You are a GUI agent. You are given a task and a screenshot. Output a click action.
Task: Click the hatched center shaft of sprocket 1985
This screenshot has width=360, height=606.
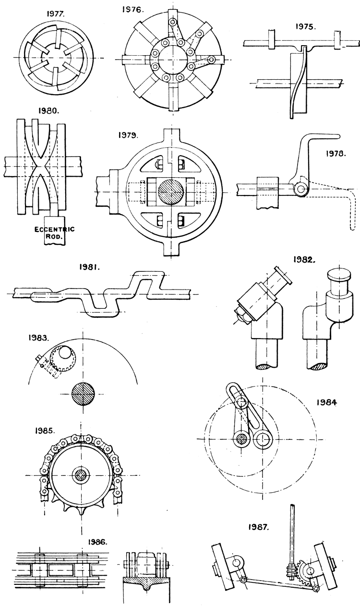tap(80, 476)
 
